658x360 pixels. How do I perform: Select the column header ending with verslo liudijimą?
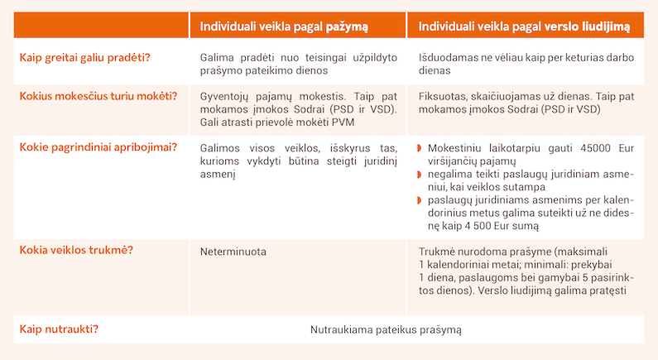(x=524, y=26)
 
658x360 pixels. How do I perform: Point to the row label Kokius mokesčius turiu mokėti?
(x=98, y=95)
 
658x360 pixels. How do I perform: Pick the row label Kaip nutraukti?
(x=60, y=329)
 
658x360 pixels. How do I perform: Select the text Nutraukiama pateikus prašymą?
(x=386, y=329)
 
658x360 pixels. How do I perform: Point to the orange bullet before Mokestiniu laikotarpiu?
(x=418, y=148)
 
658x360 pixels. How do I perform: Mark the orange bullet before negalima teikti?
(x=418, y=175)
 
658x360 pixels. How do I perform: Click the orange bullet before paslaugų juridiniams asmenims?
(x=418, y=200)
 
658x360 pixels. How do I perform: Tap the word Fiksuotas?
(x=444, y=95)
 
